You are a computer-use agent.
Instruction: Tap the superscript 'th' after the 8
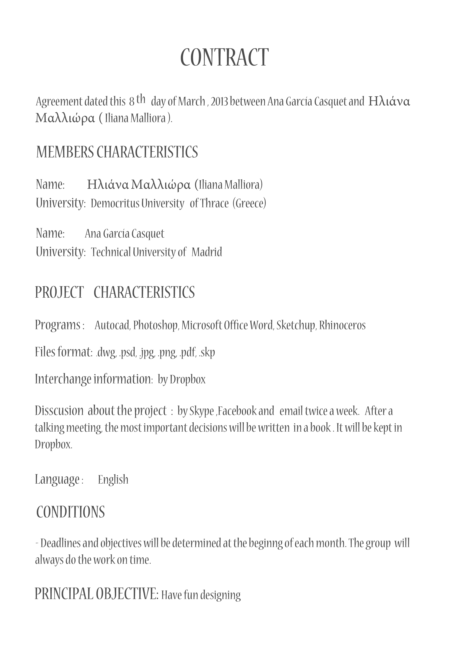coord(141,99)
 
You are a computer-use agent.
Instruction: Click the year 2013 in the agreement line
coord(219,102)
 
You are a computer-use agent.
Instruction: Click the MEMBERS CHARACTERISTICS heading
coord(117,152)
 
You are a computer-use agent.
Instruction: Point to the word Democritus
coord(115,203)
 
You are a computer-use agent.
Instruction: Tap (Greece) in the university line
coord(249,203)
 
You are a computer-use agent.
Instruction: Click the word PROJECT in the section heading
coord(59,292)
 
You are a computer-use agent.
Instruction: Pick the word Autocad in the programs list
coord(112,325)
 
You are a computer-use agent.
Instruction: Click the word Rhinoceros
coord(342,325)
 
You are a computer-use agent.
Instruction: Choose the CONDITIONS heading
coord(71,512)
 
